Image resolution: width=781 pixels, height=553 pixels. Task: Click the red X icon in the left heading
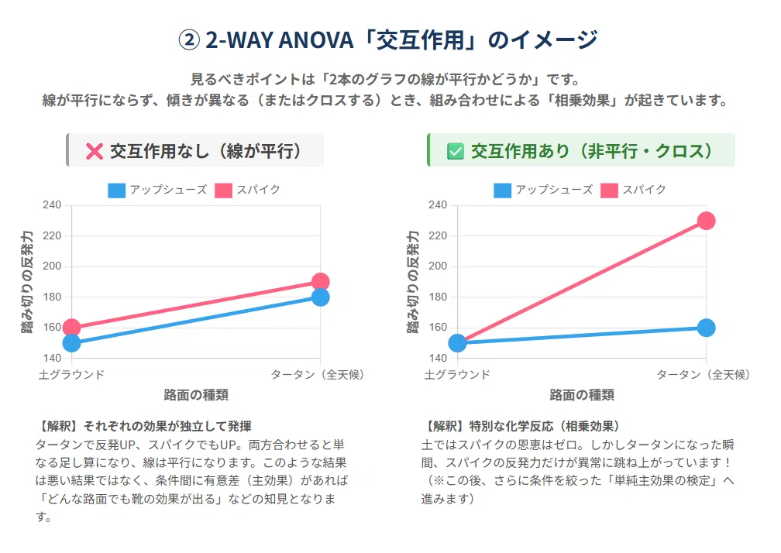click(95, 151)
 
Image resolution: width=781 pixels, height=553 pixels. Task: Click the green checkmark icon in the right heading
click(456, 151)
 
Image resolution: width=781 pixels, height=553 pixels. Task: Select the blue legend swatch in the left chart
click(116, 190)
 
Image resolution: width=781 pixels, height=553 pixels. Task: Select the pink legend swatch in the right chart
click(609, 190)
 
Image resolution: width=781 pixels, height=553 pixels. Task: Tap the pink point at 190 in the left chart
click(320, 282)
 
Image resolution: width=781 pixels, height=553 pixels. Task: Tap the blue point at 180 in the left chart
click(320, 297)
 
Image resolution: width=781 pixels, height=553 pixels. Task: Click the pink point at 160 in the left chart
click(72, 328)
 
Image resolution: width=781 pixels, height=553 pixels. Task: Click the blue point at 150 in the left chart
click(72, 343)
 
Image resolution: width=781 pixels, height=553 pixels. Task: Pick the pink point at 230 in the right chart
click(707, 221)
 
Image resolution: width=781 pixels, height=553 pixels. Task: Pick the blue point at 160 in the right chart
click(707, 328)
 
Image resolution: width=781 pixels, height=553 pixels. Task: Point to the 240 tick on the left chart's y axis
click(53, 205)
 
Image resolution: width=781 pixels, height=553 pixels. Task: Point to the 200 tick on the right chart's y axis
click(438, 266)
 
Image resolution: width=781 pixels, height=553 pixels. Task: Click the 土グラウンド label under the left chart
click(72, 374)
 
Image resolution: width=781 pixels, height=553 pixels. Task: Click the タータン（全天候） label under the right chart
click(704, 374)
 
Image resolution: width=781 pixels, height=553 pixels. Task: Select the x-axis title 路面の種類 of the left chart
click(196, 395)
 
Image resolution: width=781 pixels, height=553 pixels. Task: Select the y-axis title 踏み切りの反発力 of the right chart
click(413, 282)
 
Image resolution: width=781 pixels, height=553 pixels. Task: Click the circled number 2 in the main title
click(189, 39)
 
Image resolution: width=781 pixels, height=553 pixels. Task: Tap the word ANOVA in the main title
click(316, 39)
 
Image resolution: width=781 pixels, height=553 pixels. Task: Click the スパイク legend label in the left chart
click(259, 190)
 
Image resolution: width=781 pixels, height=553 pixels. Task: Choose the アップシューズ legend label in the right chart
click(555, 190)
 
